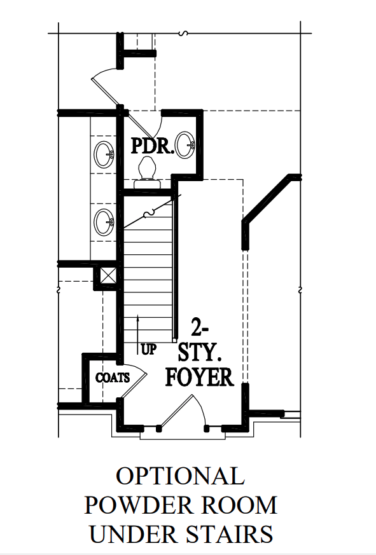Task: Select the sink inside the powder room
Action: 186,145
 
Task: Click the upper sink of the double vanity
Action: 104,154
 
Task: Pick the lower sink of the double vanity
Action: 104,222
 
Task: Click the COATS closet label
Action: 113,378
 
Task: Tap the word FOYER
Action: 200,378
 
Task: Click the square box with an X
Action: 108,275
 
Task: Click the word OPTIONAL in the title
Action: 181,476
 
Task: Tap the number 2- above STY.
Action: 198,327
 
